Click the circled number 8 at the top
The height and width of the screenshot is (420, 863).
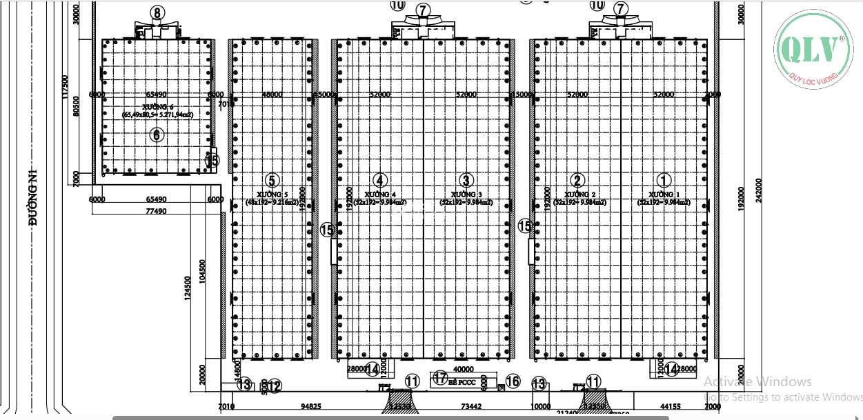click(157, 13)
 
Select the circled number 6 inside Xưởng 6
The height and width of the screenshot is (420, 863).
click(157, 134)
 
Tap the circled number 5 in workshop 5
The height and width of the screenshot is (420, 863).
click(272, 181)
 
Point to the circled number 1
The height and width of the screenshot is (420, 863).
click(664, 181)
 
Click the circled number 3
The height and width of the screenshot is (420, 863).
click(467, 181)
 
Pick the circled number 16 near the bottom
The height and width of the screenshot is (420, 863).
click(513, 381)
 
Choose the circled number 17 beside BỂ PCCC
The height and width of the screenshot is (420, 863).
click(440, 377)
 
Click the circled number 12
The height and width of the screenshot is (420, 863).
click(275, 386)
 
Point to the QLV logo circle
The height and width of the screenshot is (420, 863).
click(813, 51)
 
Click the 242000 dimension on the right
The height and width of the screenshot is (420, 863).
click(759, 190)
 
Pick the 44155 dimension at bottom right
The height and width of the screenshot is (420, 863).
click(671, 406)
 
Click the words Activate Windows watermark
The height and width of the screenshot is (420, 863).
click(757, 381)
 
